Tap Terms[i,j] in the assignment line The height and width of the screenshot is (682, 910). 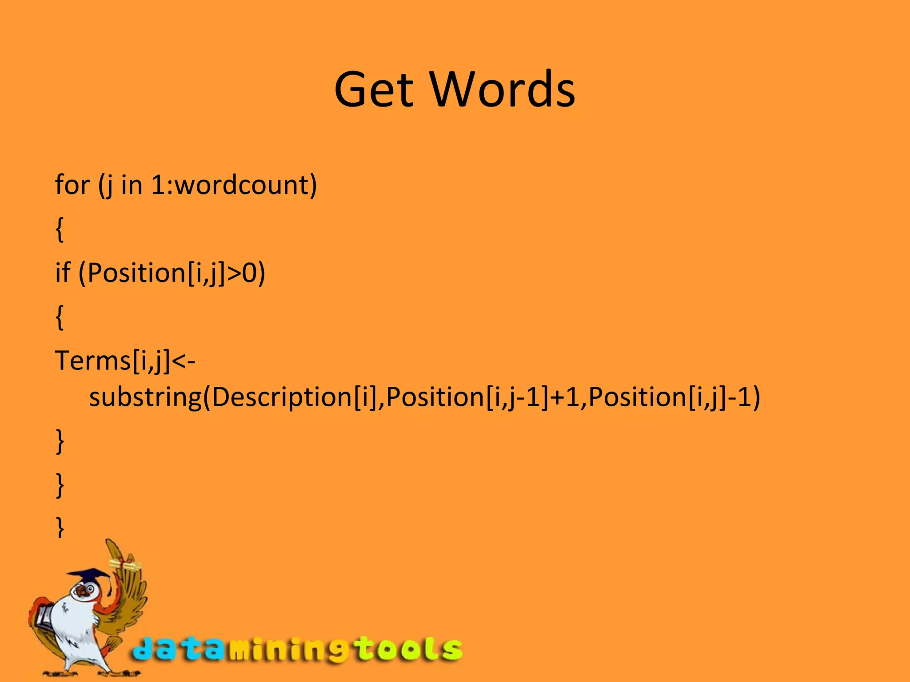112,361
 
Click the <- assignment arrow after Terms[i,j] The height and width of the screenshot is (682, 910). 184,361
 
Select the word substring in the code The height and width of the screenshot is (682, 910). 145,397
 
